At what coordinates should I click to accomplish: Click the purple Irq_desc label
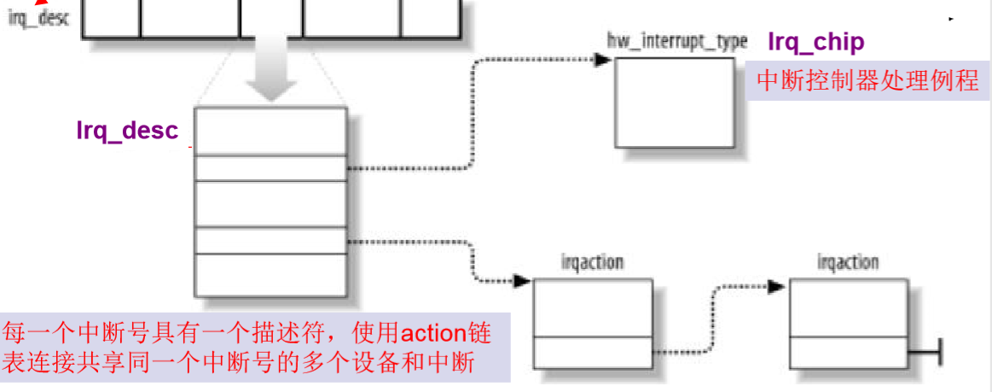pos(128,130)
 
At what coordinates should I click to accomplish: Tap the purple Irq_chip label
pos(815,42)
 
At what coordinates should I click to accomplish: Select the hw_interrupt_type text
pos(677,41)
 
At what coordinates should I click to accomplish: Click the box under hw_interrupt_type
pos(673,104)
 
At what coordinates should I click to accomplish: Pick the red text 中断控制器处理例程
pos(867,80)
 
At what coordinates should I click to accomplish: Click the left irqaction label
pos(592,261)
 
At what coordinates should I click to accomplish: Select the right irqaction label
pos(847,261)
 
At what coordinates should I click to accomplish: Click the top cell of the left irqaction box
pos(593,307)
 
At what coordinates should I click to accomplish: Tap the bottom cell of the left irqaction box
pos(593,351)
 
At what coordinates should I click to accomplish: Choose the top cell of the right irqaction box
pos(848,307)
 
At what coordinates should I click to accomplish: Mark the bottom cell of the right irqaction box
pos(848,351)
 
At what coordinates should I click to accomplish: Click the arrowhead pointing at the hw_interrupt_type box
pos(602,60)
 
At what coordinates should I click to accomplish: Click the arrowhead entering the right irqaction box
pos(775,287)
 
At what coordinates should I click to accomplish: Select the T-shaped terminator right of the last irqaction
pos(938,352)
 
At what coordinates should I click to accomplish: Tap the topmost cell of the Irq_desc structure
pos(270,131)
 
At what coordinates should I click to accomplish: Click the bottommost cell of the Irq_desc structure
pos(270,275)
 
